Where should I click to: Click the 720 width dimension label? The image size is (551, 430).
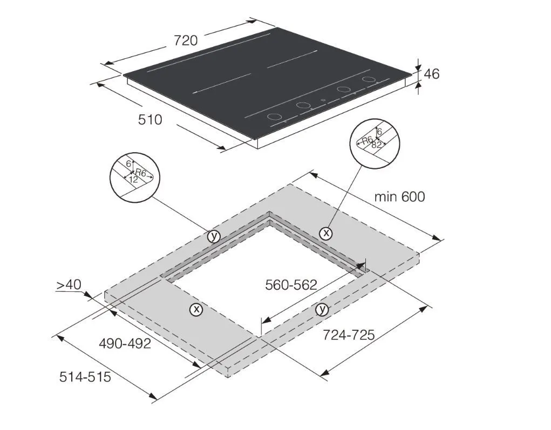[186, 41]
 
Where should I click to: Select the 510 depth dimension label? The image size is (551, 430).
[150, 120]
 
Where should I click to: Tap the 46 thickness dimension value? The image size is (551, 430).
[432, 74]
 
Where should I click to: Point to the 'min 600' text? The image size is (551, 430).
[399, 197]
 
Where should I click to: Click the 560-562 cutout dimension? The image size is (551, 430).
[291, 285]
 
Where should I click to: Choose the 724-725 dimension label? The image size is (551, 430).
[349, 335]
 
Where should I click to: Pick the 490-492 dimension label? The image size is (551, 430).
[125, 343]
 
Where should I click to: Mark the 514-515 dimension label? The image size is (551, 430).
[85, 377]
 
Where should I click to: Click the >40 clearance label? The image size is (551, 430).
[69, 284]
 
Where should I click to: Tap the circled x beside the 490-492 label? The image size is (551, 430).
[196, 310]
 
